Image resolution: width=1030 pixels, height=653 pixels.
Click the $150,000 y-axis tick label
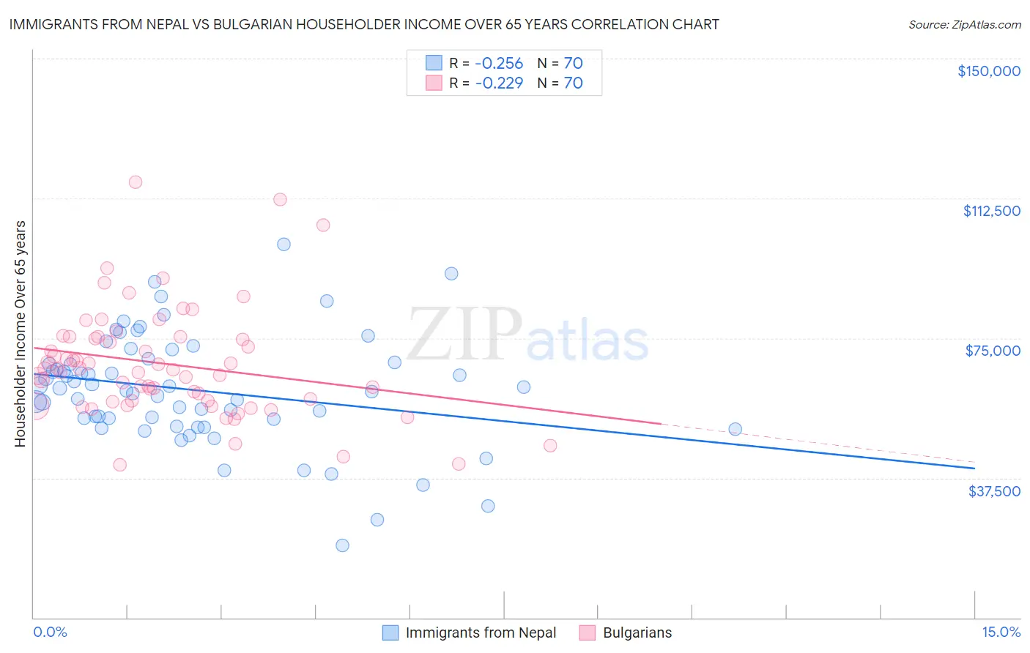coord(988,71)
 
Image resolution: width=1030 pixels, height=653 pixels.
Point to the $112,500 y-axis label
coord(991,211)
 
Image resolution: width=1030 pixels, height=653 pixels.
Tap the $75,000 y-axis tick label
coord(993,351)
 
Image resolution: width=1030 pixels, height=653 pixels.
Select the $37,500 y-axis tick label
coord(994,491)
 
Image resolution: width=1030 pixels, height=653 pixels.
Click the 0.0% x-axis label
coord(50,633)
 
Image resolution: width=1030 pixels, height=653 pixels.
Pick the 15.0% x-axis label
coord(1001,633)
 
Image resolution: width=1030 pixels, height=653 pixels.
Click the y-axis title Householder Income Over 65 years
coord(21,333)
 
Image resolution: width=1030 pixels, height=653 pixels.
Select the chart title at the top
coord(364,24)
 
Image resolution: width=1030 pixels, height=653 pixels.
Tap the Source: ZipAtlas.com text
coord(964,24)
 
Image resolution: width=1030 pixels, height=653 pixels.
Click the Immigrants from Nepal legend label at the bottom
coord(481,633)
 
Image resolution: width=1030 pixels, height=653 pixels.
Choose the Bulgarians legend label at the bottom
coord(637,633)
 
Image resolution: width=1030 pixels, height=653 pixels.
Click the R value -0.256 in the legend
coord(499,63)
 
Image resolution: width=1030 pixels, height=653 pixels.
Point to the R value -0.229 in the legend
coord(499,83)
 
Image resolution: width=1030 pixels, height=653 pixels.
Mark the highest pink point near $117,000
coord(136,182)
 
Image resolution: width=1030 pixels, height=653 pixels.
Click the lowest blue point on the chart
coord(342,545)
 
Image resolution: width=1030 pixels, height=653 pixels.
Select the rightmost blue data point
coord(735,430)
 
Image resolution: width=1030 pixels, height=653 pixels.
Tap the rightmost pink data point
coord(550,446)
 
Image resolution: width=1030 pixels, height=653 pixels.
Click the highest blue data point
coord(284,245)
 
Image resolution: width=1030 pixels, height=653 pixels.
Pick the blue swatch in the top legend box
coord(434,63)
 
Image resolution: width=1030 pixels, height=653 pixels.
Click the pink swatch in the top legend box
coord(434,83)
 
